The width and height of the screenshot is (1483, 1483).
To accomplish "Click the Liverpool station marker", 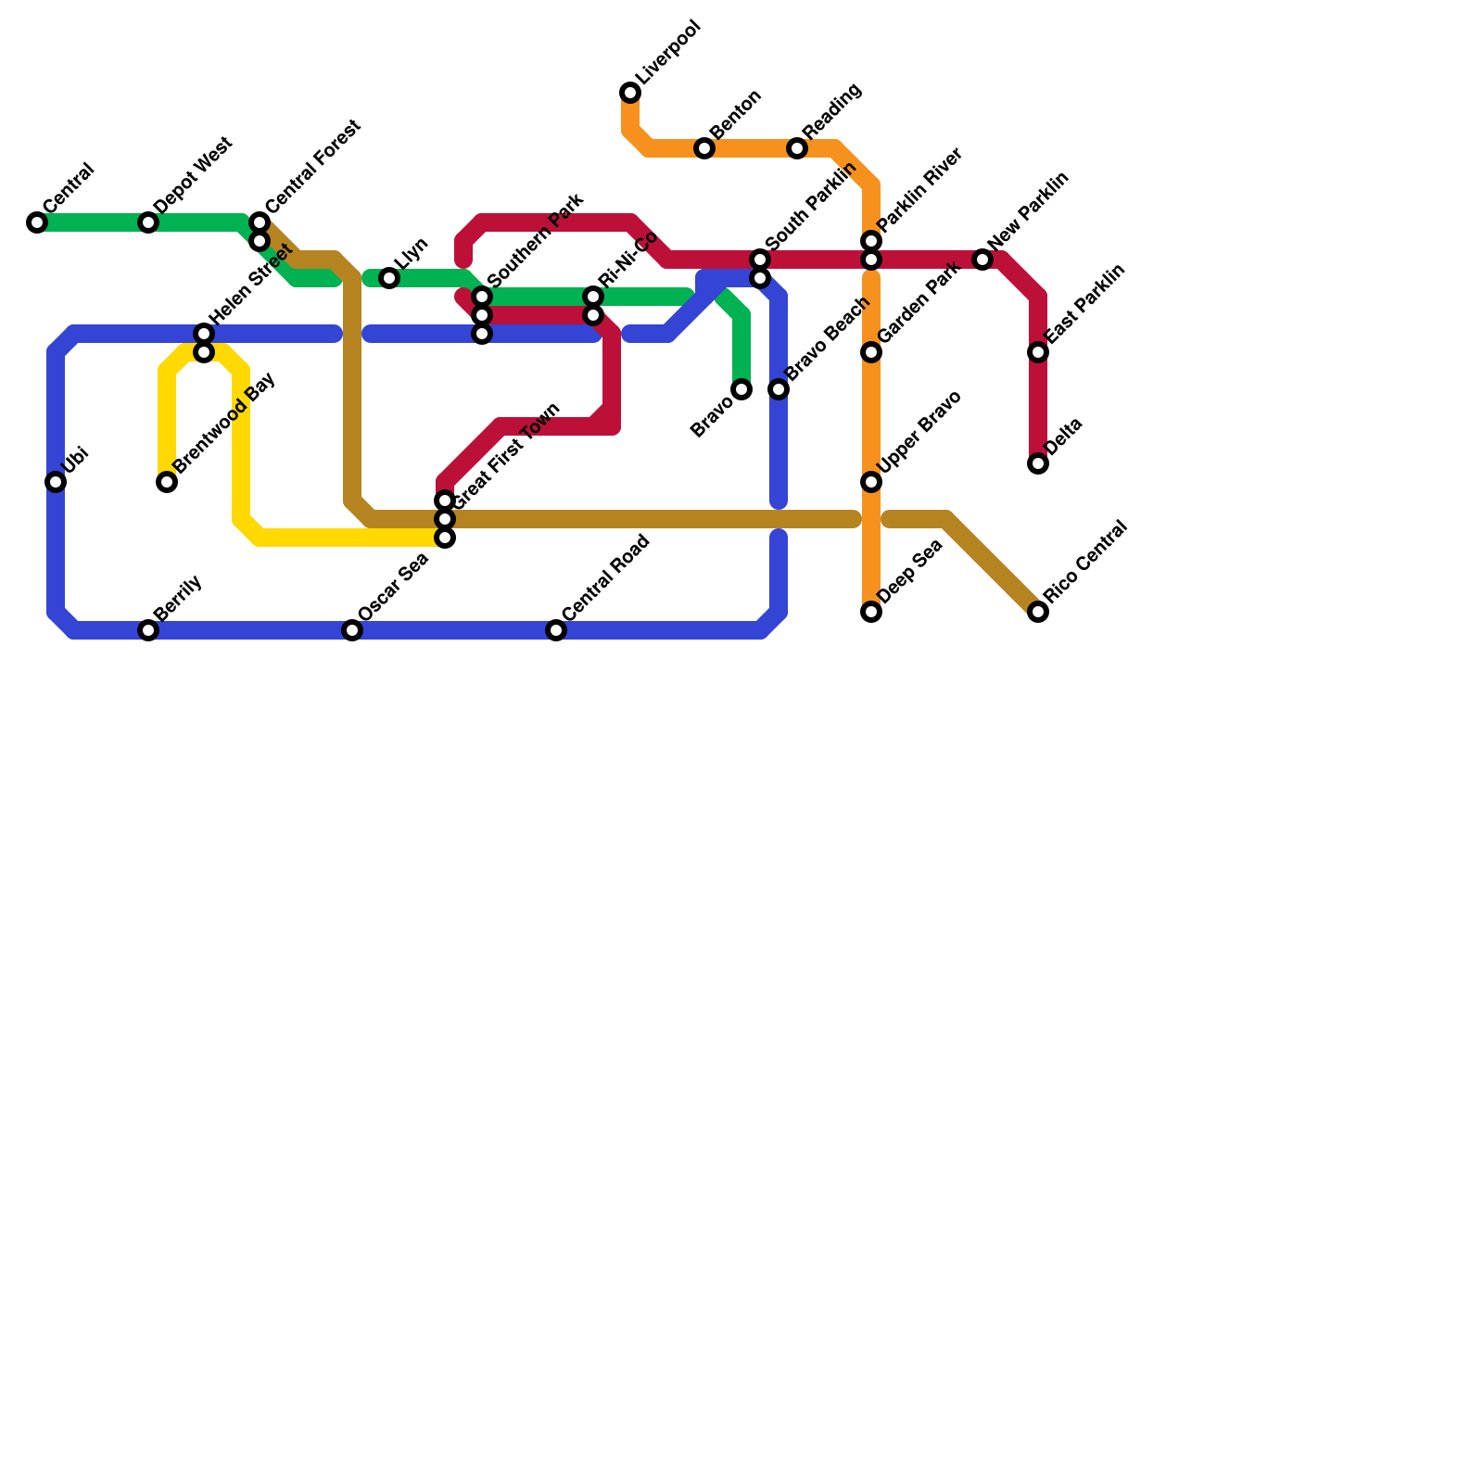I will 630,93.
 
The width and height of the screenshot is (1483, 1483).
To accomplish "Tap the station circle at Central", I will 37,222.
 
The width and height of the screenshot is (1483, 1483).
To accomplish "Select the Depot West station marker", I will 148,222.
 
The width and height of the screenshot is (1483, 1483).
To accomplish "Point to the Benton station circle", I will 704,148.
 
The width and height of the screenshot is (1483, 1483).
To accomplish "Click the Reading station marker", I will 797,148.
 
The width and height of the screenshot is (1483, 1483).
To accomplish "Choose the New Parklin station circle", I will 982,260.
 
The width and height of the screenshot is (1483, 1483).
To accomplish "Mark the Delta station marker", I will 1038,463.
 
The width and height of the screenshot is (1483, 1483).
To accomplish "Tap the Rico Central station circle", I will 1038,612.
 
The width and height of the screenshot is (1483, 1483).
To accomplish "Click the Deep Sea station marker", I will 871,612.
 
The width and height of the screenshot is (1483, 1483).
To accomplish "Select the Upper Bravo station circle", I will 871,482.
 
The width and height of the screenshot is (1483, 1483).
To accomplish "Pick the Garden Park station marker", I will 871,352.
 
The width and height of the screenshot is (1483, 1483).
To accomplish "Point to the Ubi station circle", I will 56,482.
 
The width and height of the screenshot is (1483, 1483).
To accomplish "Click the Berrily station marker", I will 148,630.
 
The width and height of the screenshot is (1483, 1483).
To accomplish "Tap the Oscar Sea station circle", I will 352,630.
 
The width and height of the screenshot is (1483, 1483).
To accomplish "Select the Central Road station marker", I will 556,630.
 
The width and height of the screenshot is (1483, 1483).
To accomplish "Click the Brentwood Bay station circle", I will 167,482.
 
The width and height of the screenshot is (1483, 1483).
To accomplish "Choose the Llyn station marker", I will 389,278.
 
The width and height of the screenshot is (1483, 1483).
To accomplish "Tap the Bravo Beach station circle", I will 779,389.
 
